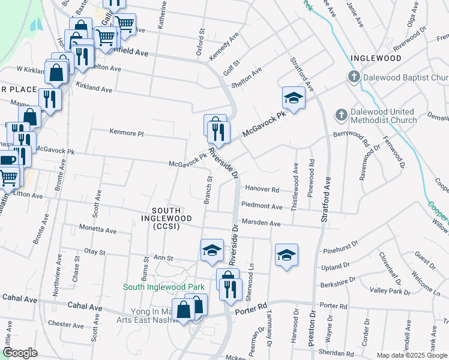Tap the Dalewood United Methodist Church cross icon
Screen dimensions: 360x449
coord(341,115)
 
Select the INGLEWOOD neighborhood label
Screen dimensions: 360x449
coord(376,58)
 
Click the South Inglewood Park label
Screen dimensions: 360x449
coord(164,287)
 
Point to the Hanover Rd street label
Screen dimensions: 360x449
coord(262,189)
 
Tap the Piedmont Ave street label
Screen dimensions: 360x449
coord(261,206)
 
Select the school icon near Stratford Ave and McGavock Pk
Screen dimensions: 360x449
coord(294,98)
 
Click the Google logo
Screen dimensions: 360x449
coord(20,353)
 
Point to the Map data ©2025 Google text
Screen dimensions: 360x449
coord(412,355)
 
